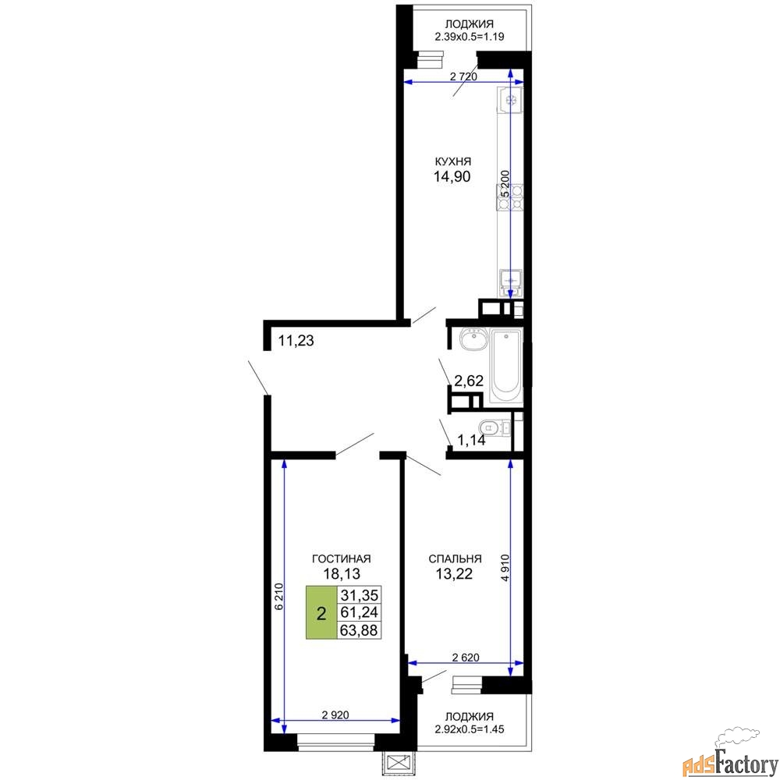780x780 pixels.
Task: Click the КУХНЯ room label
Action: tap(452, 161)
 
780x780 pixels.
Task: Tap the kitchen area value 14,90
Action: tap(452, 176)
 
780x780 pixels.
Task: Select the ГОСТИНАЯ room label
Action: tap(342, 558)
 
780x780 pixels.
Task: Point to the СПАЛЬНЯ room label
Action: tap(455, 558)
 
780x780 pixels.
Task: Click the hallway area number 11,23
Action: tap(296, 341)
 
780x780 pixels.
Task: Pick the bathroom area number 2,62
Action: tap(469, 381)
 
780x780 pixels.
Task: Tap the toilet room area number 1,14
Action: tap(471, 440)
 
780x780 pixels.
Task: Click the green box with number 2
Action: tap(321, 612)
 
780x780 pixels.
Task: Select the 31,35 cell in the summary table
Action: tap(359, 595)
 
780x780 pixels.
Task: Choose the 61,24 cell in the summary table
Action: tap(359, 612)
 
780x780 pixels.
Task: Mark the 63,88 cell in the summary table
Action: tap(359, 630)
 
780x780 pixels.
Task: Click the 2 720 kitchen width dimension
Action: tap(463, 76)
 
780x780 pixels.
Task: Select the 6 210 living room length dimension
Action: tap(278, 597)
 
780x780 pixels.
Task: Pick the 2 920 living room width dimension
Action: tap(335, 714)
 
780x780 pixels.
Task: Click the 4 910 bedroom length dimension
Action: tap(505, 568)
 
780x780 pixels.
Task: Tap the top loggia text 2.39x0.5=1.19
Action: tap(469, 37)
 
